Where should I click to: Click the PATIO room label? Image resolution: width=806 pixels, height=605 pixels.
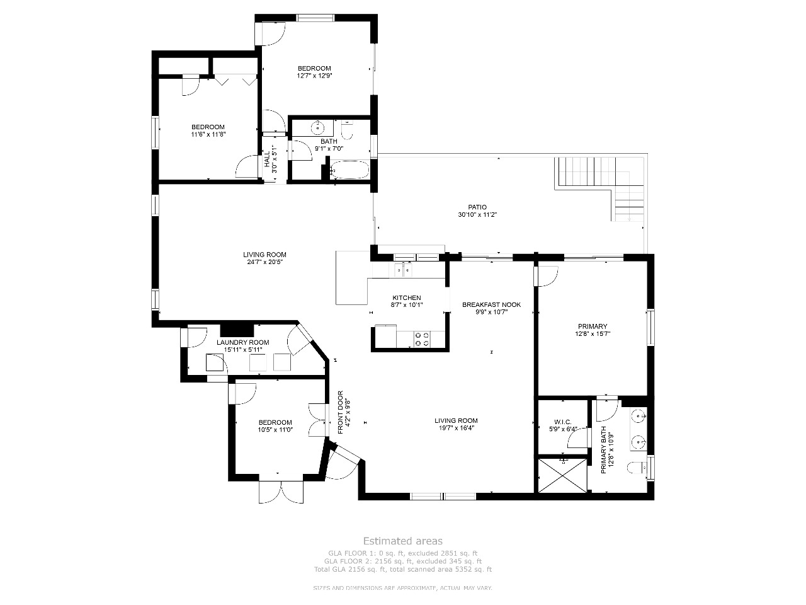[x=477, y=207]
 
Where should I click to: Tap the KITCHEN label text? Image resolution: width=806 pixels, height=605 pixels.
[x=407, y=297]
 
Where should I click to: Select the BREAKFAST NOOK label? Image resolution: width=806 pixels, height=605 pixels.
[x=491, y=304]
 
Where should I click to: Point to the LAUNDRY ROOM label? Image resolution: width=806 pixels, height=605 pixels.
[x=242, y=342]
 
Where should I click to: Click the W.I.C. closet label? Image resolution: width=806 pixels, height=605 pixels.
[x=562, y=422]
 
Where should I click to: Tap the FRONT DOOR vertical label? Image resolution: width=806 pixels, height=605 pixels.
[x=340, y=412]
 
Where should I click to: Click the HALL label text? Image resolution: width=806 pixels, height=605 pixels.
[x=267, y=159]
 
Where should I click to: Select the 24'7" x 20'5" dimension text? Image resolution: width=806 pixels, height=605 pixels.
[x=264, y=262]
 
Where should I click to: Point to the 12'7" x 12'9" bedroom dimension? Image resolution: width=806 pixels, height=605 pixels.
[x=314, y=76]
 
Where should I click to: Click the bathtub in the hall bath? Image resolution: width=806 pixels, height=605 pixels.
[x=349, y=170]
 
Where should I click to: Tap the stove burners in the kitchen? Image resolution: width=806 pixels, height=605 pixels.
[x=422, y=339]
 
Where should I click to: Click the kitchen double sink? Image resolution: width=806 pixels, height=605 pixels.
[x=403, y=270]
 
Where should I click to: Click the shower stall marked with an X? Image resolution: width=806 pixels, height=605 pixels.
[x=562, y=475]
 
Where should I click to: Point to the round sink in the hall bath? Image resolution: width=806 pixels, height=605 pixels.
[x=317, y=128]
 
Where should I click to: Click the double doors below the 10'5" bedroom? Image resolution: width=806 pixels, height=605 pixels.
[x=281, y=492]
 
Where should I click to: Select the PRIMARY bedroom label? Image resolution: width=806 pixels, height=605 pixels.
[x=593, y=326]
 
